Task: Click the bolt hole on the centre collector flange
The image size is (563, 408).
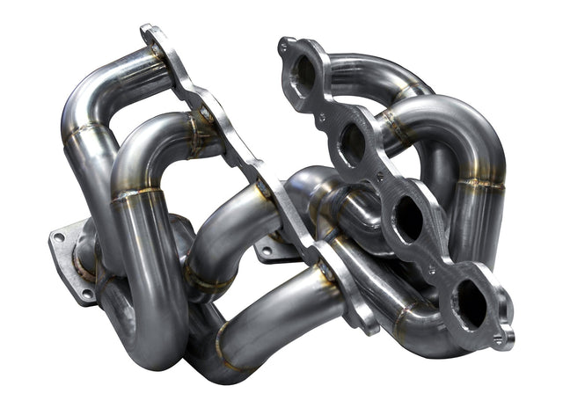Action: coord(267,250)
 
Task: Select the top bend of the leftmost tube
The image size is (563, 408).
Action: coord(97,84)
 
